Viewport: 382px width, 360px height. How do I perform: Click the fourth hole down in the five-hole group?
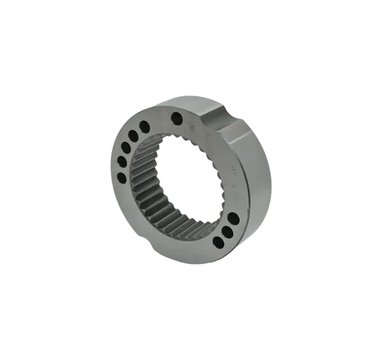(x=121, y=162)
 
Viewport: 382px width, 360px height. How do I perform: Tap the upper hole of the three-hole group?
(x=233, y=219)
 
